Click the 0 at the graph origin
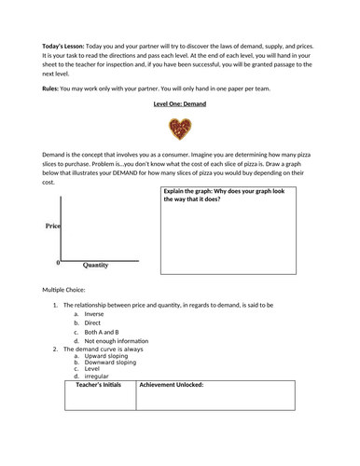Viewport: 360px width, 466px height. click(x=58, y=263)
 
